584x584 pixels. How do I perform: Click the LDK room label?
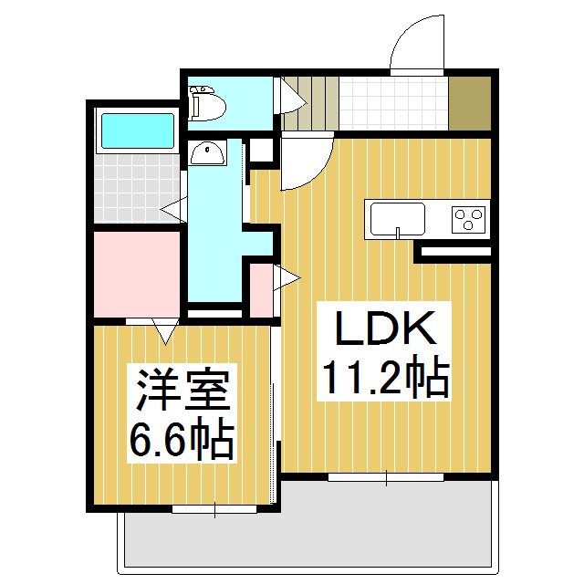pos(381,329)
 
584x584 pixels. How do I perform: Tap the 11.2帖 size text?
pos(381,378)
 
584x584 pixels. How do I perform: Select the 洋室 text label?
pos(182,392)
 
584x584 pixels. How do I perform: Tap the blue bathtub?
pos(137,130)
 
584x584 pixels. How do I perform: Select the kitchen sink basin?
pos(397,219)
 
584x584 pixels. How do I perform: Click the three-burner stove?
pos(470,219)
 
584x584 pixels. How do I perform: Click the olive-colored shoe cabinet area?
pos(471,102)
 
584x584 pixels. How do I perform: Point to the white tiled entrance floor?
pos(394,102)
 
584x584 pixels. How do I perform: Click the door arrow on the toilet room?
pos(291,94)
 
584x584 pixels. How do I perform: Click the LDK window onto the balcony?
pos(385,476)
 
